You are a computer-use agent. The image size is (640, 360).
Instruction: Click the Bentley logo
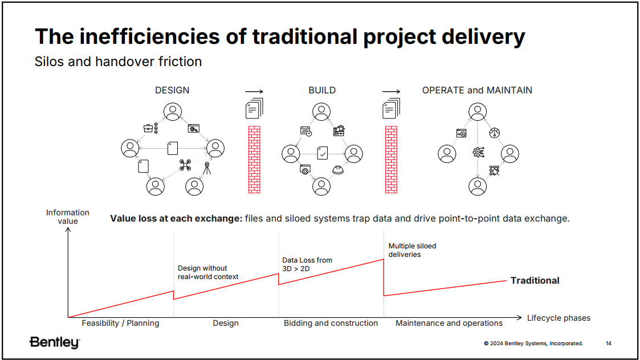pos(55,342)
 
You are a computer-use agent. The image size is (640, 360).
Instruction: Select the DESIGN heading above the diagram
pos(172,90)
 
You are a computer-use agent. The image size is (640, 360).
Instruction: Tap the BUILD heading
pos(322,90)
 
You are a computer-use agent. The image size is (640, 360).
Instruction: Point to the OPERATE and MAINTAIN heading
pos(477,90)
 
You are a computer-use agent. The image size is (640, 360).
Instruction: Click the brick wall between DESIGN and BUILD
pos(254,159)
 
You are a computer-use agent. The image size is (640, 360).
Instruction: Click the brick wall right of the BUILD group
pos(391,159)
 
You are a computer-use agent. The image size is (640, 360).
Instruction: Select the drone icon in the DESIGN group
pos(185,165)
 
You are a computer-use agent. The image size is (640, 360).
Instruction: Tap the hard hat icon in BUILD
pos(338,170)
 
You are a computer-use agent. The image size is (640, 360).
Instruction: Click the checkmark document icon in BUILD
pos(323,153)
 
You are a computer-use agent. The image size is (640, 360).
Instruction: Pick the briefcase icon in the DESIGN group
pos(148,128)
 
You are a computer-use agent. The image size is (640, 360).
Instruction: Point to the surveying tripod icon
pos(207,168)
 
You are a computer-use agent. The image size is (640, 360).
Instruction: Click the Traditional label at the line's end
pos(535,280)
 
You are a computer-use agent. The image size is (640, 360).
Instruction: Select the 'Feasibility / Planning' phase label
pos(120,323)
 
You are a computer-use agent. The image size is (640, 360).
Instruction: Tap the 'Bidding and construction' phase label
pos(331,323)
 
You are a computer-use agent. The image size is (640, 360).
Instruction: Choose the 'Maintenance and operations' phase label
pos(449,323)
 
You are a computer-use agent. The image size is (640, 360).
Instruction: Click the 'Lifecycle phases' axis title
pos(559,318)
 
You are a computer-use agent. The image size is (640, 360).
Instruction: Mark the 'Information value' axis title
pos(68,216)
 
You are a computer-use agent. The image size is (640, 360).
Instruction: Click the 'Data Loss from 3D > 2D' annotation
pos(307,264)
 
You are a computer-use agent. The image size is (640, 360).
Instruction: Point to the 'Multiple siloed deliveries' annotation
pos(412,250)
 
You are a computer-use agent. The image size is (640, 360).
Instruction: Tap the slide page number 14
pos(609,343)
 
